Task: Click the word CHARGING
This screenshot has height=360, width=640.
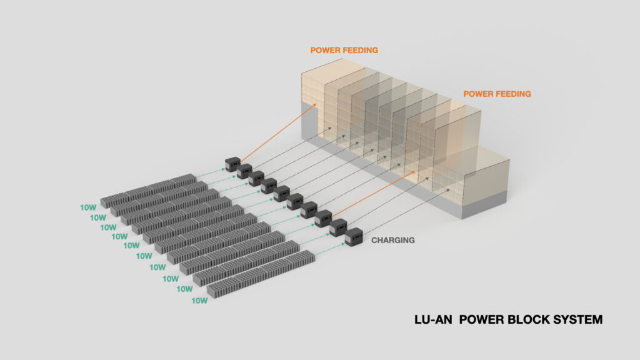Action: point(392,241)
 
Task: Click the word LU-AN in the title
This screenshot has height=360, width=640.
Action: point(433,319)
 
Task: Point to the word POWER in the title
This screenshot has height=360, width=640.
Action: point(482,319)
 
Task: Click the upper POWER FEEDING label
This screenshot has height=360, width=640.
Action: point(344,50)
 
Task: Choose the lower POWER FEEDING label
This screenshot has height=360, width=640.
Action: point(497,94)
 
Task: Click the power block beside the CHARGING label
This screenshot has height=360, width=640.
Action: point(354,237)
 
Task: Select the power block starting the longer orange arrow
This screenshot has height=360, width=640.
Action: point(232,164)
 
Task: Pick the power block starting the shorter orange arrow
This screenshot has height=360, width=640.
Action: point(323,219)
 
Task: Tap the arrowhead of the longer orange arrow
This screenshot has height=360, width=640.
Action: point(314,105)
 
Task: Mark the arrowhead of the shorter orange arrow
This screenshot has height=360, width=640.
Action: point(412,172)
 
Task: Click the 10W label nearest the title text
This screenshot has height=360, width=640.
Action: point(199,301)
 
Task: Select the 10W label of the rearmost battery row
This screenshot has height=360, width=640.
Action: point(88,207)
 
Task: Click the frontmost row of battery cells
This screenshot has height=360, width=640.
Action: point(261,274)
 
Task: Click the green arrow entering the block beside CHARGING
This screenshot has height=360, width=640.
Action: point(330,249)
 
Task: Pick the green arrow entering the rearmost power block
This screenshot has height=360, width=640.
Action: point(211,172)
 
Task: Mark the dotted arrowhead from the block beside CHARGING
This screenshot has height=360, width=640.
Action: point(447,190)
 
